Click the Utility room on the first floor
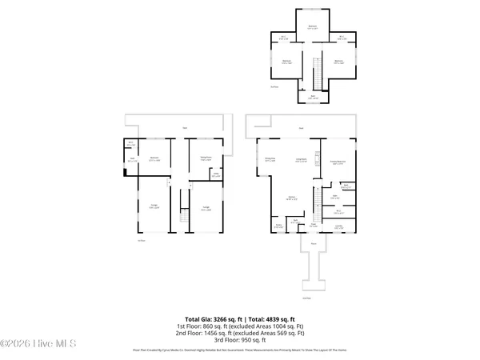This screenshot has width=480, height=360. (x=215, y=175)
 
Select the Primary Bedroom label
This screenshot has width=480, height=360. (x=338, y=163)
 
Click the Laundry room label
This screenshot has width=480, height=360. (x=338, y=226)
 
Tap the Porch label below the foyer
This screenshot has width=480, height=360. (x=314, y=242)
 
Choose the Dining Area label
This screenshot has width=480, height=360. (x=270, y=160)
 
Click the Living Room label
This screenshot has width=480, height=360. (x=302, y=160)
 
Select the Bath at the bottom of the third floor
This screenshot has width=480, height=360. (x=313, y=98)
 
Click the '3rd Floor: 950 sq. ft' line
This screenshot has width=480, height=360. (x=240, y=339)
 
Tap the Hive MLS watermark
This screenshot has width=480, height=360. (x=38, y=345)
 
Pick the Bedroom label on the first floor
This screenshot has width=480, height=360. (x=154, y=158)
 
